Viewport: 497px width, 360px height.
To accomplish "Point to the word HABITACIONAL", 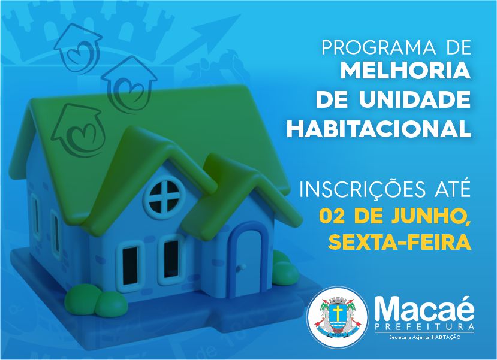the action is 378,129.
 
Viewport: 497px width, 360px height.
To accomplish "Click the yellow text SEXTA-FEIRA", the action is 399,242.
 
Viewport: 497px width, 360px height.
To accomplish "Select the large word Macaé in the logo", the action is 424,309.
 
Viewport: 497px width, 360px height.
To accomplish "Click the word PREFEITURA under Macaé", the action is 424,326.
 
